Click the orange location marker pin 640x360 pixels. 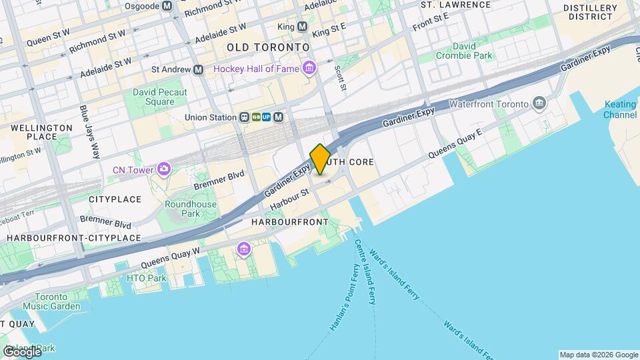tap(320, 159)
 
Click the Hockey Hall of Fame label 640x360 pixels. tap(257, 69)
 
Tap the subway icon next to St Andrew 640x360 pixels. tap(198, 69)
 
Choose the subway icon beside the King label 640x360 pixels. tap(302, 27)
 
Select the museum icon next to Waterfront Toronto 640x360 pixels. tap(539, 103)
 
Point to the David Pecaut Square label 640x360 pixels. tap(159, 97)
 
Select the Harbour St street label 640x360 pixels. tap(291, 199)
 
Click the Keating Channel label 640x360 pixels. tap(620, 109)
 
